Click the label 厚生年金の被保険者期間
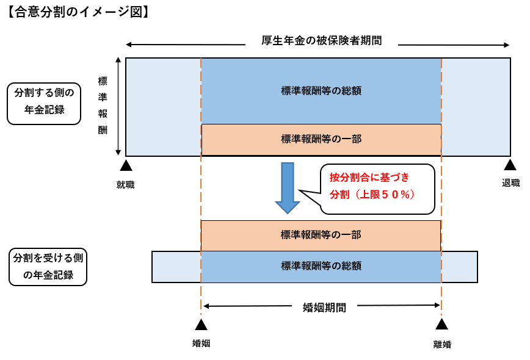click(x=321, y=41)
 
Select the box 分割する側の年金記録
click(x=44, y=103)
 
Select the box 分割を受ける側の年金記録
click(x=48, y=267)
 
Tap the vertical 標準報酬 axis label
click(x=103, y=106)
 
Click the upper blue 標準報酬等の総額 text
click(x=321, y=90)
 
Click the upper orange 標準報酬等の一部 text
click(x=321, y=139)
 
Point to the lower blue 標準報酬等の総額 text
click(x=321, y=265)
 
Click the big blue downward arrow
click(x=287, y=187)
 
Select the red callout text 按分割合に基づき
click(x=369, y=178)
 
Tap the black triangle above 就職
click(x=126, y=165)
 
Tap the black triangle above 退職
click(x=510, y=165)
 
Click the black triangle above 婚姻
click(x=201, y=324)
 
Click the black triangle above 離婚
click(x=441, y=324)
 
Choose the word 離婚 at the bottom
click(x=442, y=344)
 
